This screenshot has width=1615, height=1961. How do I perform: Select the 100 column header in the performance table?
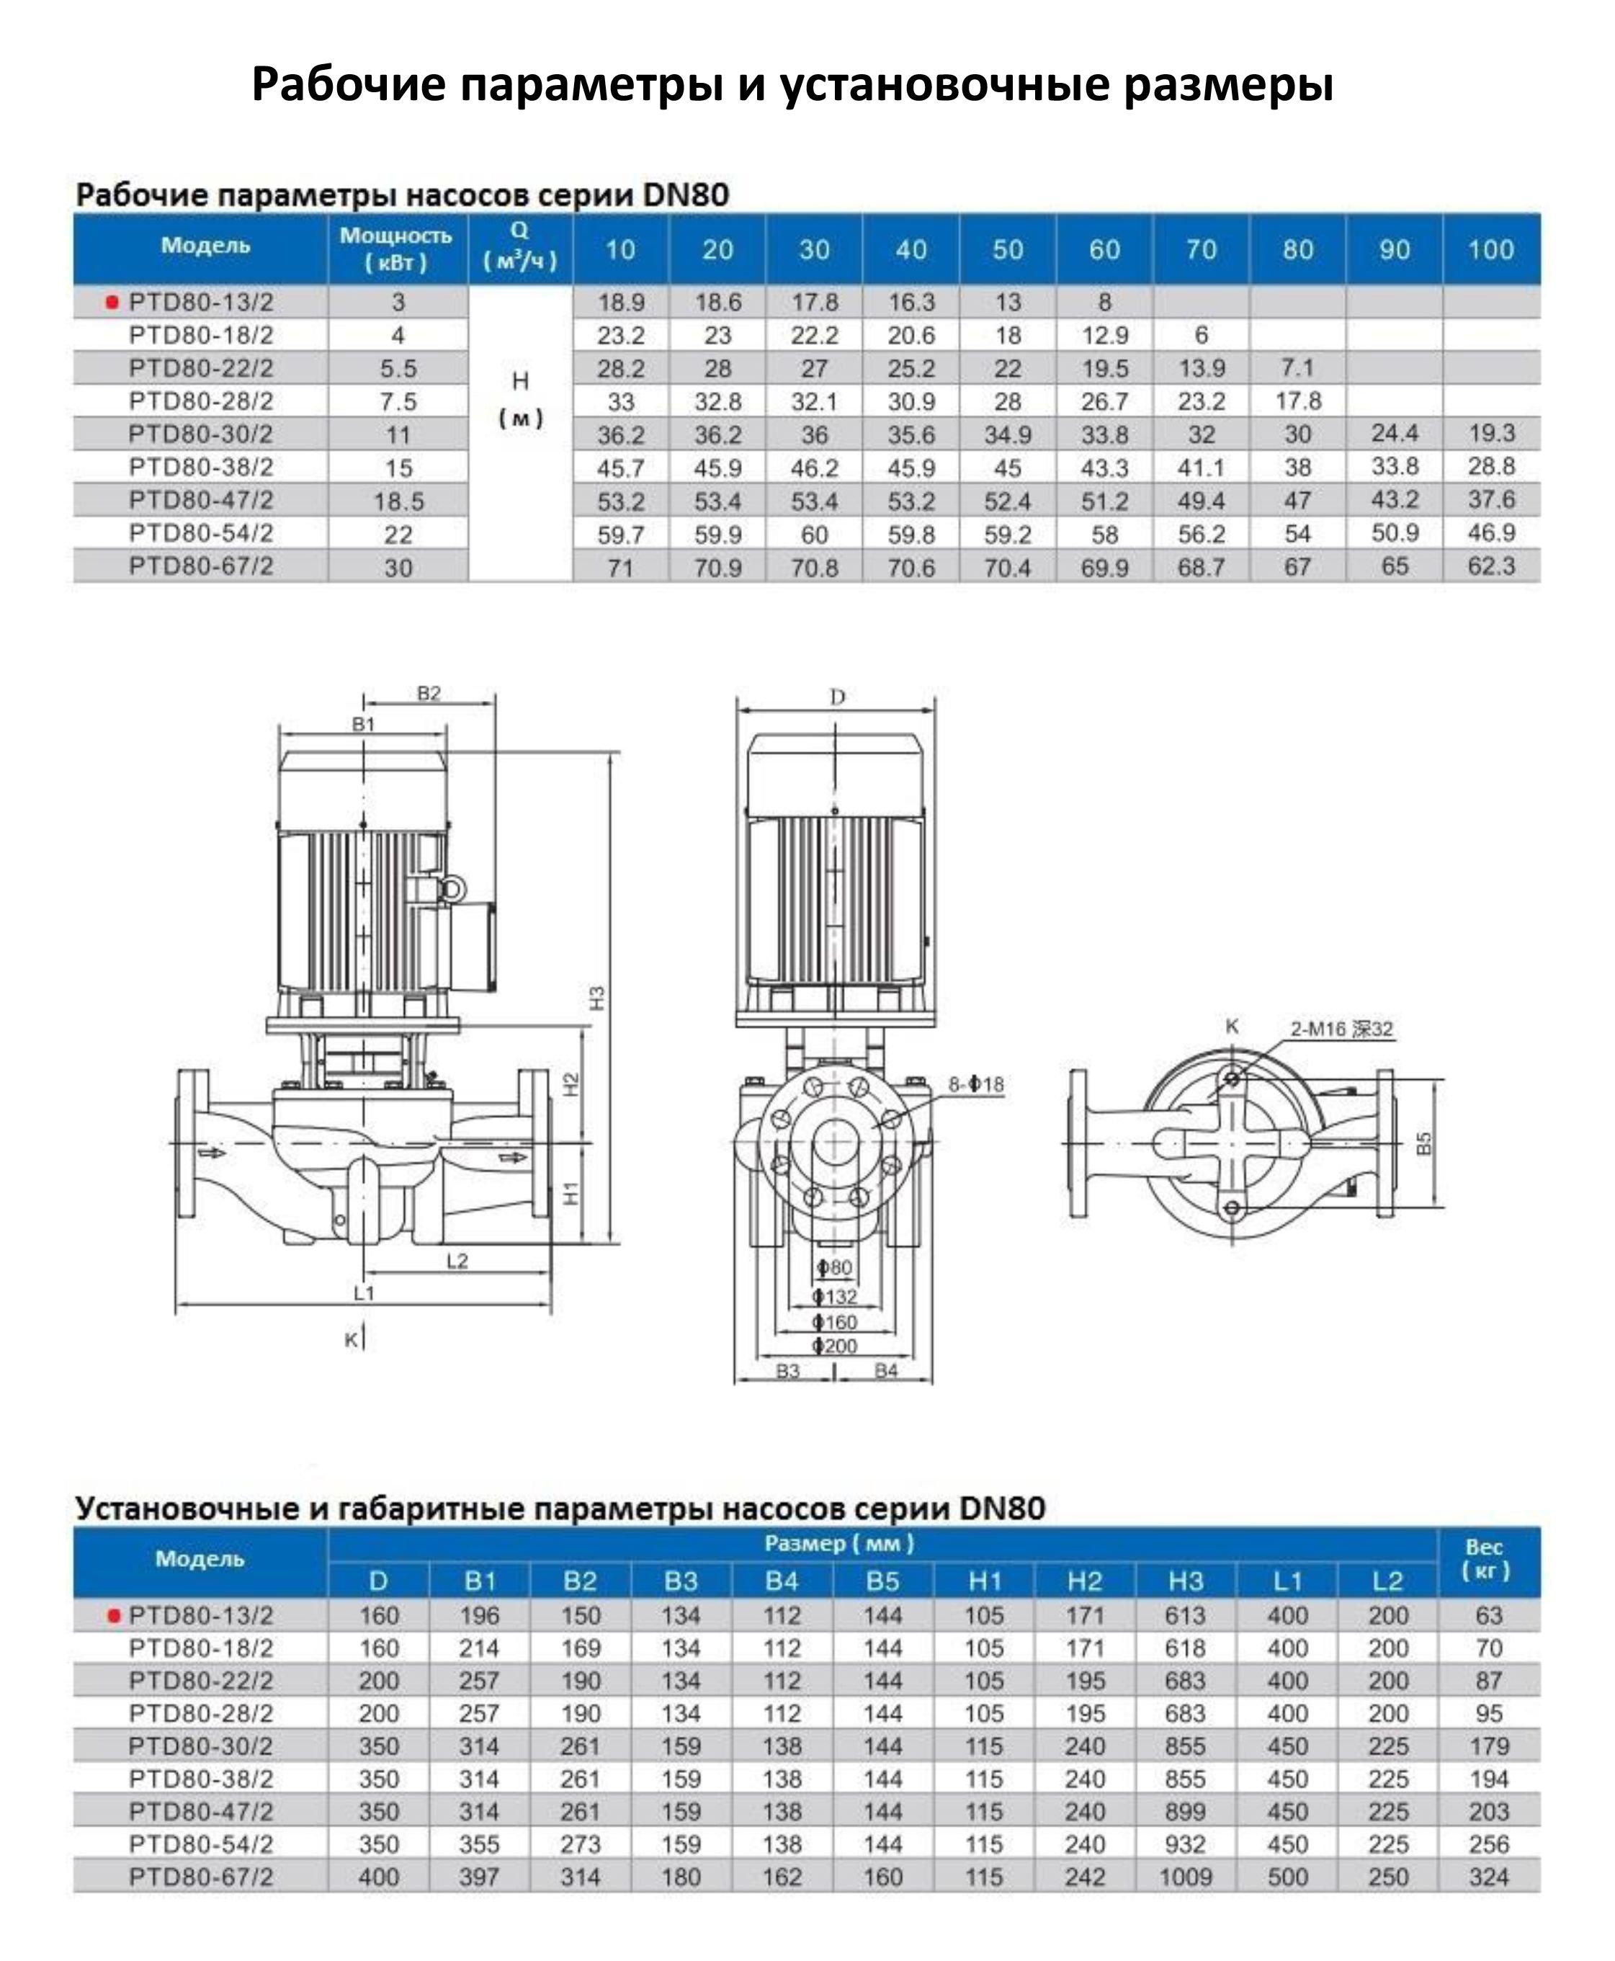tap(1490, 249)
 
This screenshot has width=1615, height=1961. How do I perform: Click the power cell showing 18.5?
tap(398, 501)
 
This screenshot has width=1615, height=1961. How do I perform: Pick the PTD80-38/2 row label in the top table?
tap(201, 467)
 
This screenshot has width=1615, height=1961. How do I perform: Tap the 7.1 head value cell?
tap(1297, 368)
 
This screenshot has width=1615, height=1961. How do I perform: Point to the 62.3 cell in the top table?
tap(1490, 566)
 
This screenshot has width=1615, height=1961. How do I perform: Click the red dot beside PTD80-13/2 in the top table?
tap(112, 303)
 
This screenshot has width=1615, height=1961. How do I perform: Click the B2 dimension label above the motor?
tap(429, 694)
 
